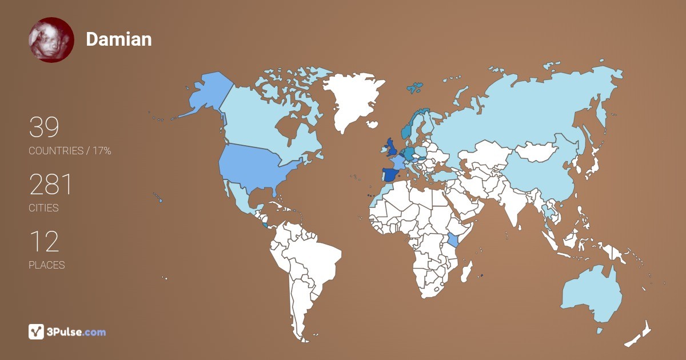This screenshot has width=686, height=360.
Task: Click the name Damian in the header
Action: (x=119, y=39)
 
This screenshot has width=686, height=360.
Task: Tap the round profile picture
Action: (x=51, y=40)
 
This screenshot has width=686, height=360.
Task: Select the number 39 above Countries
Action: (x=44, y=128)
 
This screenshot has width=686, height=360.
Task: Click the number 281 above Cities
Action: (x=51, y=185)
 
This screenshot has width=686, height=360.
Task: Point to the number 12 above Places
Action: (x=44, y=242)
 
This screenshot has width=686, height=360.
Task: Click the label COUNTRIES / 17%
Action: (x=70, y=151)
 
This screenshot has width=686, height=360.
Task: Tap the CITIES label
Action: (x=44, y=208)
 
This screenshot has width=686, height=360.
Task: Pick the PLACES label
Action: (x=47, y=265)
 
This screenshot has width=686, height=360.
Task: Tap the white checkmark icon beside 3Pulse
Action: (x=36, y=331)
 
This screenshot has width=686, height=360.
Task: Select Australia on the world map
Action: (x=592, y=294)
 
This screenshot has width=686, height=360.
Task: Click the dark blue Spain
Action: (x=389, y=175)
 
